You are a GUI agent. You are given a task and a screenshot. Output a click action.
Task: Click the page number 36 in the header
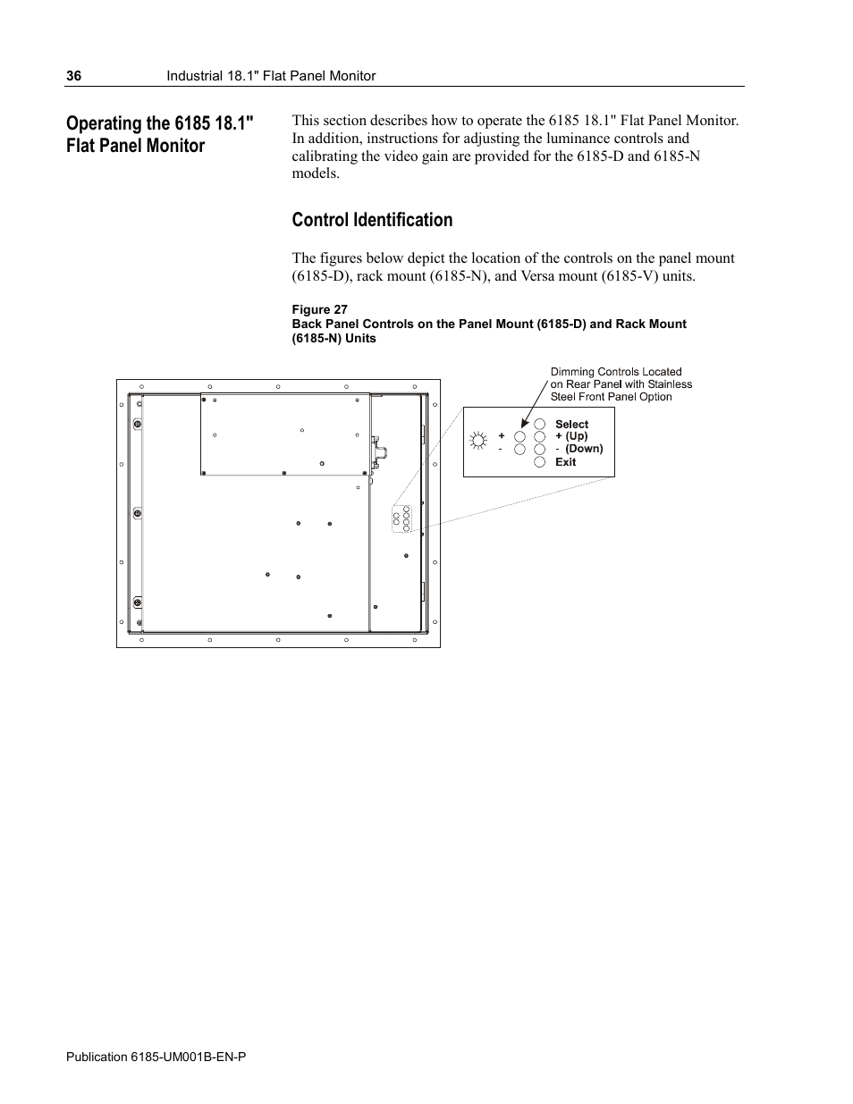pos(73,77)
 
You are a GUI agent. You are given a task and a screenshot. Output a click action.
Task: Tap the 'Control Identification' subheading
pos(372,220)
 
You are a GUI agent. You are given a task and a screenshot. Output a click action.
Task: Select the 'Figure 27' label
pos(319,310)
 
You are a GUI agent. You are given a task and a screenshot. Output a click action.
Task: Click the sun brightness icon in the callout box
pos(479,439)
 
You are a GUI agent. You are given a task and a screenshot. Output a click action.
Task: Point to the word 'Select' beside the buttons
pos(571,425)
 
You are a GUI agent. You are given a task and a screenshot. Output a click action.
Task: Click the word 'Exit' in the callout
pos(565,462)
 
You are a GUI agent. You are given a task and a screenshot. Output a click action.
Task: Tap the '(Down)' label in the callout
pos(584,449)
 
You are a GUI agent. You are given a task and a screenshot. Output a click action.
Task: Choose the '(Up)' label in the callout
pos(577,436)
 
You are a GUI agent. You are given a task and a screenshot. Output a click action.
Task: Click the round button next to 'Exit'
pos(539,462)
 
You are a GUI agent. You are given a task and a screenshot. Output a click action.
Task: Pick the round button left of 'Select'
pos(539,425)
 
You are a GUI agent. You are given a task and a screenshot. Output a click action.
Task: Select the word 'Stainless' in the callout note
pos(670,384)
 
